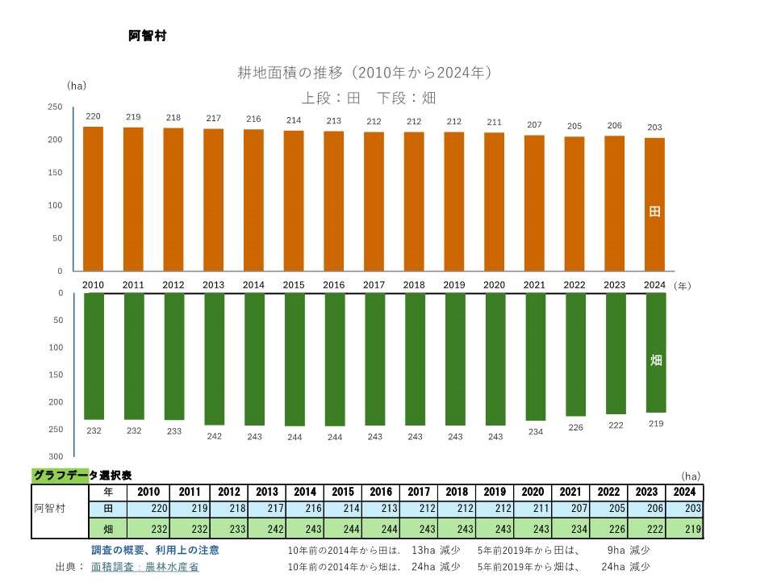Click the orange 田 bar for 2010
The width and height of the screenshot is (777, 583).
(94, 199)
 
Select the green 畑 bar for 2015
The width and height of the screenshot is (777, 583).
(295, 359)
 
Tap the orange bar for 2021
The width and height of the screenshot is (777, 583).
(534, 203)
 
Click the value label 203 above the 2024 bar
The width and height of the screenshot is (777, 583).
(654, 128)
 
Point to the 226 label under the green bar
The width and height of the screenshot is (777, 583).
(575, 427)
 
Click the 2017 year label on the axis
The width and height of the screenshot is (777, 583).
(374, 285)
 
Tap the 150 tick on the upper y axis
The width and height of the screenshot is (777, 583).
(55, 172)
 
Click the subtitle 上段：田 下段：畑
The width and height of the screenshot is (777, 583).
(369, 98)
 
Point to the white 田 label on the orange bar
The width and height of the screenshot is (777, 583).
(654, 212)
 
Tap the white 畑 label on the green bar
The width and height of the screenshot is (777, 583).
(655, 360)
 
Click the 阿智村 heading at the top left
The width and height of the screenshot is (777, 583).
(147, 36)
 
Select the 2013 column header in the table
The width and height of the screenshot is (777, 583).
(267, 492)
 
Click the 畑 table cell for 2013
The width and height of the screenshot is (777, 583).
(267, 529)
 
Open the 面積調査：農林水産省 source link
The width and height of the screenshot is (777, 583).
(145, 567)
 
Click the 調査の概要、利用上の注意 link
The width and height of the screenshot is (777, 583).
(155, 550)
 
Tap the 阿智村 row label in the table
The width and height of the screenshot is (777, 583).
(49, 510)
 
